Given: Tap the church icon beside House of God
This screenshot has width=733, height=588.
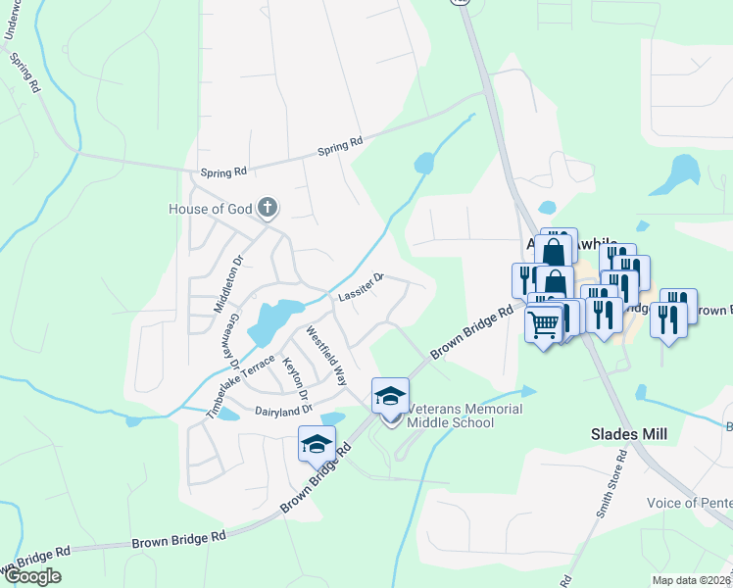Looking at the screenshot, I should pos(268,208).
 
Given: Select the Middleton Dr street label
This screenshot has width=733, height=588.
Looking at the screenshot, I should pos(228,282).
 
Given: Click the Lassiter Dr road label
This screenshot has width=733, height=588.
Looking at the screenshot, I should pos(360,287).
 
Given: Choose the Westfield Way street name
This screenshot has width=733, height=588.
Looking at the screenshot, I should pos(327,354).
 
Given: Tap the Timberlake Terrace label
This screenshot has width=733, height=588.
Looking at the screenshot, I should pos(240,387).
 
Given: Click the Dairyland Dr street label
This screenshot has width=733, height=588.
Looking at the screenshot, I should pos(282,410).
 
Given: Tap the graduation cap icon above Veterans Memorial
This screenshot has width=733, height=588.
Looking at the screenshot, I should pos(390,395).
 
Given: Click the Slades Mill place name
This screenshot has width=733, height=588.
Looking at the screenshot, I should pos(629,433).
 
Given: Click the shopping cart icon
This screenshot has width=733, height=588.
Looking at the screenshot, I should pos(544,322).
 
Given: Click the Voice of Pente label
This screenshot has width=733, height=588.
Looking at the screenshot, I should pos(689,503).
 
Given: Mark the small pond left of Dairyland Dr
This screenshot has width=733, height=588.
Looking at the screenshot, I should pos(228,414).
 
